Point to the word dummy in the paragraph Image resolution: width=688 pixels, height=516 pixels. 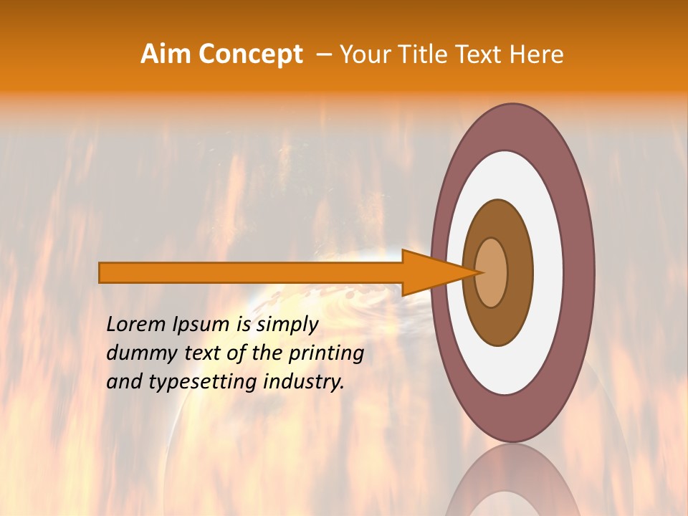(x=137, y=354)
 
